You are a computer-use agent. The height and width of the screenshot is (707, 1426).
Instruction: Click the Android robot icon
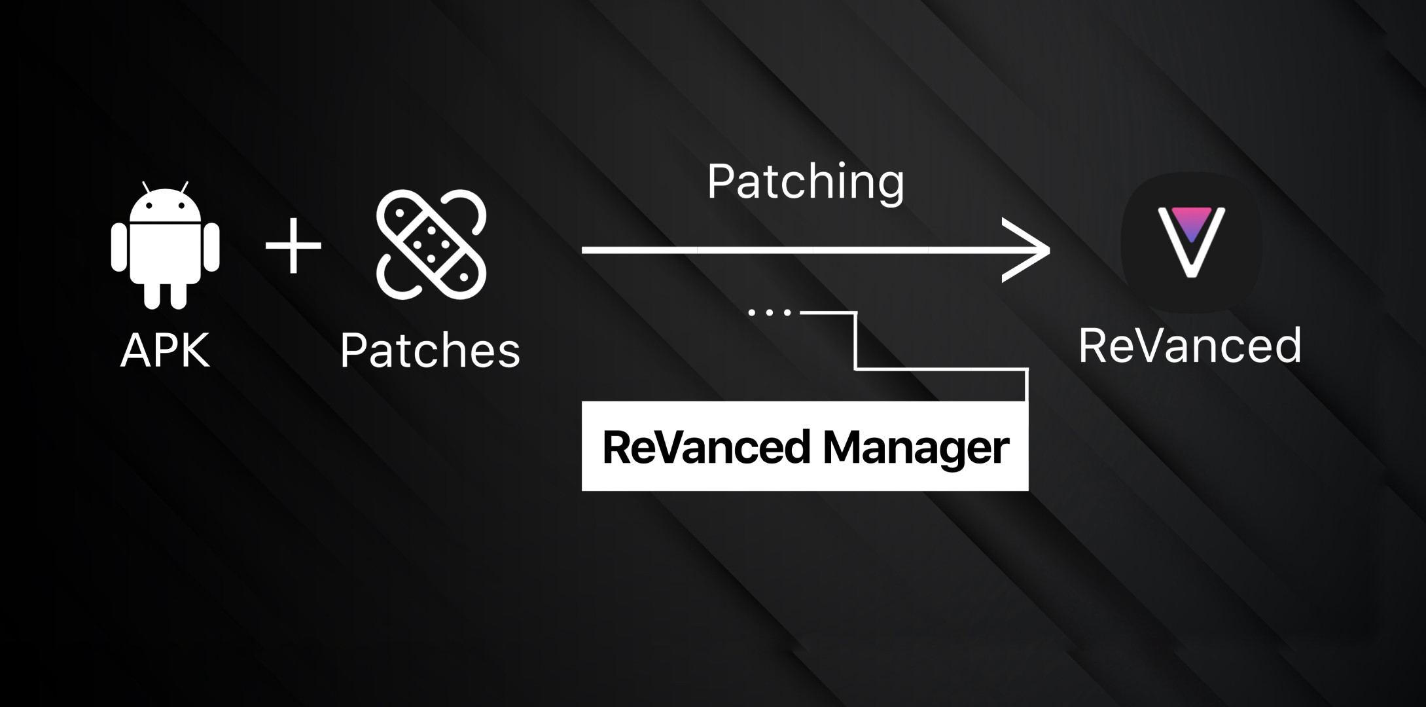pyautogui.click(x=165, y=245)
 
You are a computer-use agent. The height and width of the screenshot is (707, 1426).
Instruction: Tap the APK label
pyautogui.click(x=165, y=350)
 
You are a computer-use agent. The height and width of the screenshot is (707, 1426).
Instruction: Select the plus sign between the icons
pyautogui.click(x=293, y=245)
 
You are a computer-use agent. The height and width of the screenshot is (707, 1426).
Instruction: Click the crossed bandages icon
pyautogui.click(x=431, y=244)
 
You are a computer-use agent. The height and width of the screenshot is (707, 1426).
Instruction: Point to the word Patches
pyautogui.click(x=430, y=350)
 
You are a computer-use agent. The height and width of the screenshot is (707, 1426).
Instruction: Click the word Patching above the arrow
pyautogui.click(x=806, y=181)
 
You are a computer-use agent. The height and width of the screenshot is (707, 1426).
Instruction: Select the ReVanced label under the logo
pyautogui.click(x=1190, y=346)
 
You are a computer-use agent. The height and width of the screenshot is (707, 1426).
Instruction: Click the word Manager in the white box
pyautogui.click(x=916, y=448)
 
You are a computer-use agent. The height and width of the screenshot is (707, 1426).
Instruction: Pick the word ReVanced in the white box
pyautogui.click(x=706, y=448)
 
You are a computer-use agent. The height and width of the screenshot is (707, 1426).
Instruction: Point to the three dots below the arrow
pyautogui.click(x=770, y=313)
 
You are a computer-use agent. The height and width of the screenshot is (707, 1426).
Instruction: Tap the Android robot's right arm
pyautogui.click(x=211, y=247)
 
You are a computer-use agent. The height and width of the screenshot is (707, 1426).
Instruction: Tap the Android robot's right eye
pyautogui.click(x=181, y=206)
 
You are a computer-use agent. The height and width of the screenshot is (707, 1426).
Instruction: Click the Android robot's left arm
pyautogui.click(x=118, y=247)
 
